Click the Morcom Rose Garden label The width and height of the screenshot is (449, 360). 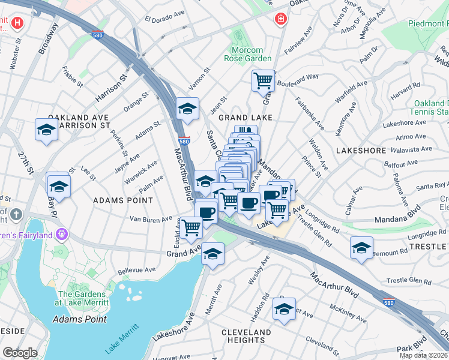tap(248, 54)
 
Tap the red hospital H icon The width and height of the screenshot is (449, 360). tap(18, 23)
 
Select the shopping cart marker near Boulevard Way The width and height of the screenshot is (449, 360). tap(263, 80)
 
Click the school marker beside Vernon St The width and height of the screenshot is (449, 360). tap(187, 109)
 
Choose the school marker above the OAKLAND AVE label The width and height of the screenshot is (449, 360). tap(46, 130)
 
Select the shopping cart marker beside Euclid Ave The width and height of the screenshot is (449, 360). tap(191, 227)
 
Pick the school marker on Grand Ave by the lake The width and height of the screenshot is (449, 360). tap(212, 253)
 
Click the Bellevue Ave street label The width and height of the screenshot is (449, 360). tap(133, 271)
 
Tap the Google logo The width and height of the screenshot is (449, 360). tap(20, 353)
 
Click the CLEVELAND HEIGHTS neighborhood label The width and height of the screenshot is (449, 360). tap(246, 336)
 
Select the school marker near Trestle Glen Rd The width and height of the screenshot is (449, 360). tap(361, 247)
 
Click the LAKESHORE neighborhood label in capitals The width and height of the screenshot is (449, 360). tap(361, 150)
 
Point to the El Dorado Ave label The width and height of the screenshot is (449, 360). tap(164, 17)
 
